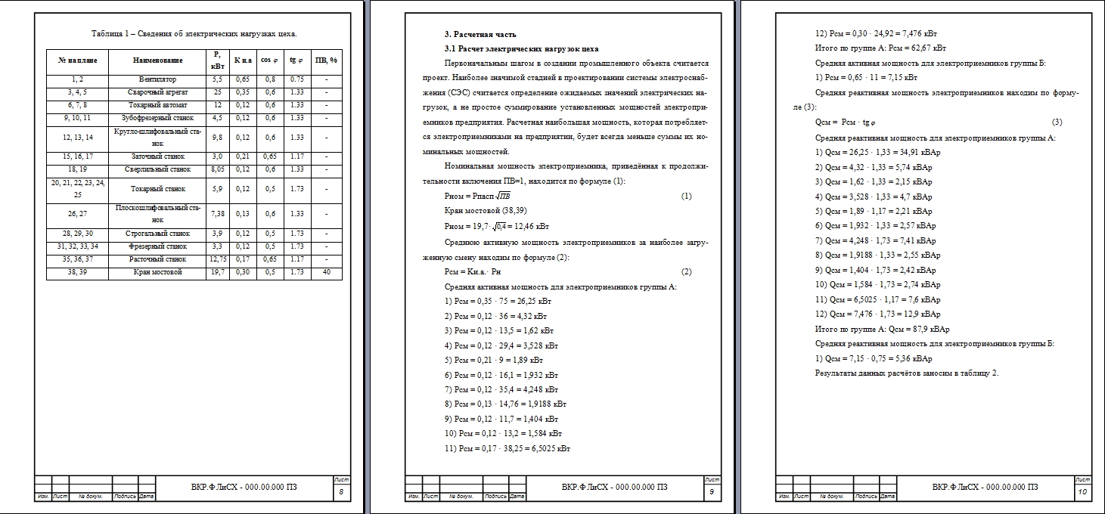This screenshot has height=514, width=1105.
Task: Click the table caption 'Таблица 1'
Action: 194,33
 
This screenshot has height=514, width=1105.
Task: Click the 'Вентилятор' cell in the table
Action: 157,79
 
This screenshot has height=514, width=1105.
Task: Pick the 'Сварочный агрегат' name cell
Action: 157,92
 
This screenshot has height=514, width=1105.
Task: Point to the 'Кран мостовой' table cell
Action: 157,272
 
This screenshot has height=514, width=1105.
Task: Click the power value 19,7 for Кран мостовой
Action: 216,272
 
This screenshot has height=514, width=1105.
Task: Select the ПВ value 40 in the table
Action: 326,272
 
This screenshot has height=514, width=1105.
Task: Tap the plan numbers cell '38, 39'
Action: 77,272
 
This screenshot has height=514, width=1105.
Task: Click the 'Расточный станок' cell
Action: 157,259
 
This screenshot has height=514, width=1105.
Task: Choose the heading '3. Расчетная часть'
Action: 480,34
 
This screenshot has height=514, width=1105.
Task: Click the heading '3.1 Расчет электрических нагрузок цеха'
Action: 521,48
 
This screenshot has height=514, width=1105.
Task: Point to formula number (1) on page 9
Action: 686,197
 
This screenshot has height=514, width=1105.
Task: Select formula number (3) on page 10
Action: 1057,122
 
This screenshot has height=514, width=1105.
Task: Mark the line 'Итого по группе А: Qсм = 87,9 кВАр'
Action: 882,329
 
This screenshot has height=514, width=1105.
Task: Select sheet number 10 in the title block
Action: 1082,493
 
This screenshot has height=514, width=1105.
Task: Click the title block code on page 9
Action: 614,487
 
